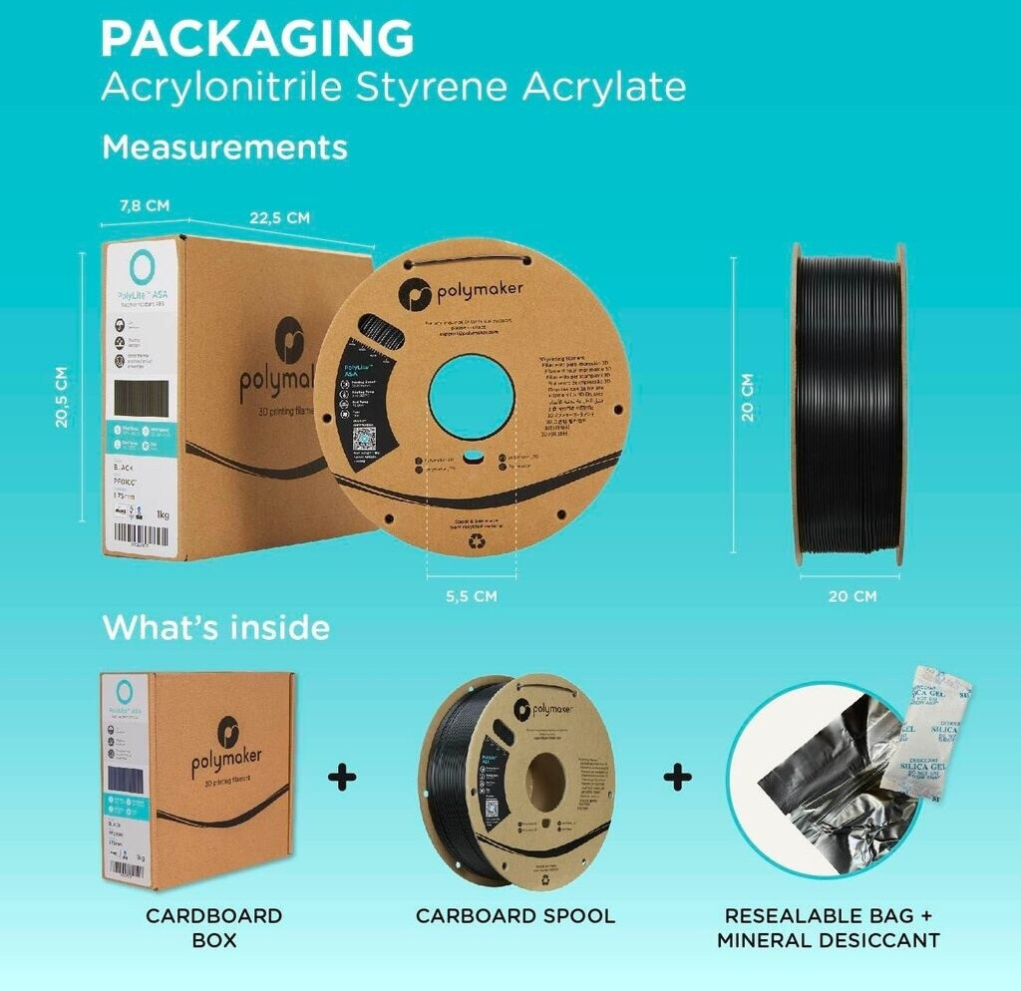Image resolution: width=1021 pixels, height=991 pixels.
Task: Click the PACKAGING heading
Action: (257, 38)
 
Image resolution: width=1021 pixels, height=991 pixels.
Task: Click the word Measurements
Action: (224, 148)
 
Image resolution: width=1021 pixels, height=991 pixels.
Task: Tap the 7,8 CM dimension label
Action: (145, 205)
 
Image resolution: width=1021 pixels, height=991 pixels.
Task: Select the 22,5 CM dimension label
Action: (279, 217)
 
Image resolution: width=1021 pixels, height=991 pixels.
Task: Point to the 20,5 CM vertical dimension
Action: (63, 397)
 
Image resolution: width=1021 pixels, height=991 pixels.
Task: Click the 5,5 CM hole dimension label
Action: (472, 596)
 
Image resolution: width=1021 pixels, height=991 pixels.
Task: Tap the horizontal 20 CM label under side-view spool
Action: (851, 596)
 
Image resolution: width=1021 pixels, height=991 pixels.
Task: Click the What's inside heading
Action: (215, 628)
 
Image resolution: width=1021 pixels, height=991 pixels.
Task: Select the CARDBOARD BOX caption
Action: (213, 927)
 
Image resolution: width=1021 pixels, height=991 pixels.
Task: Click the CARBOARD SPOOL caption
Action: (515, 915)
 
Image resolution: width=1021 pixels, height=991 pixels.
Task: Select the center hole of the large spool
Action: (472, 398)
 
